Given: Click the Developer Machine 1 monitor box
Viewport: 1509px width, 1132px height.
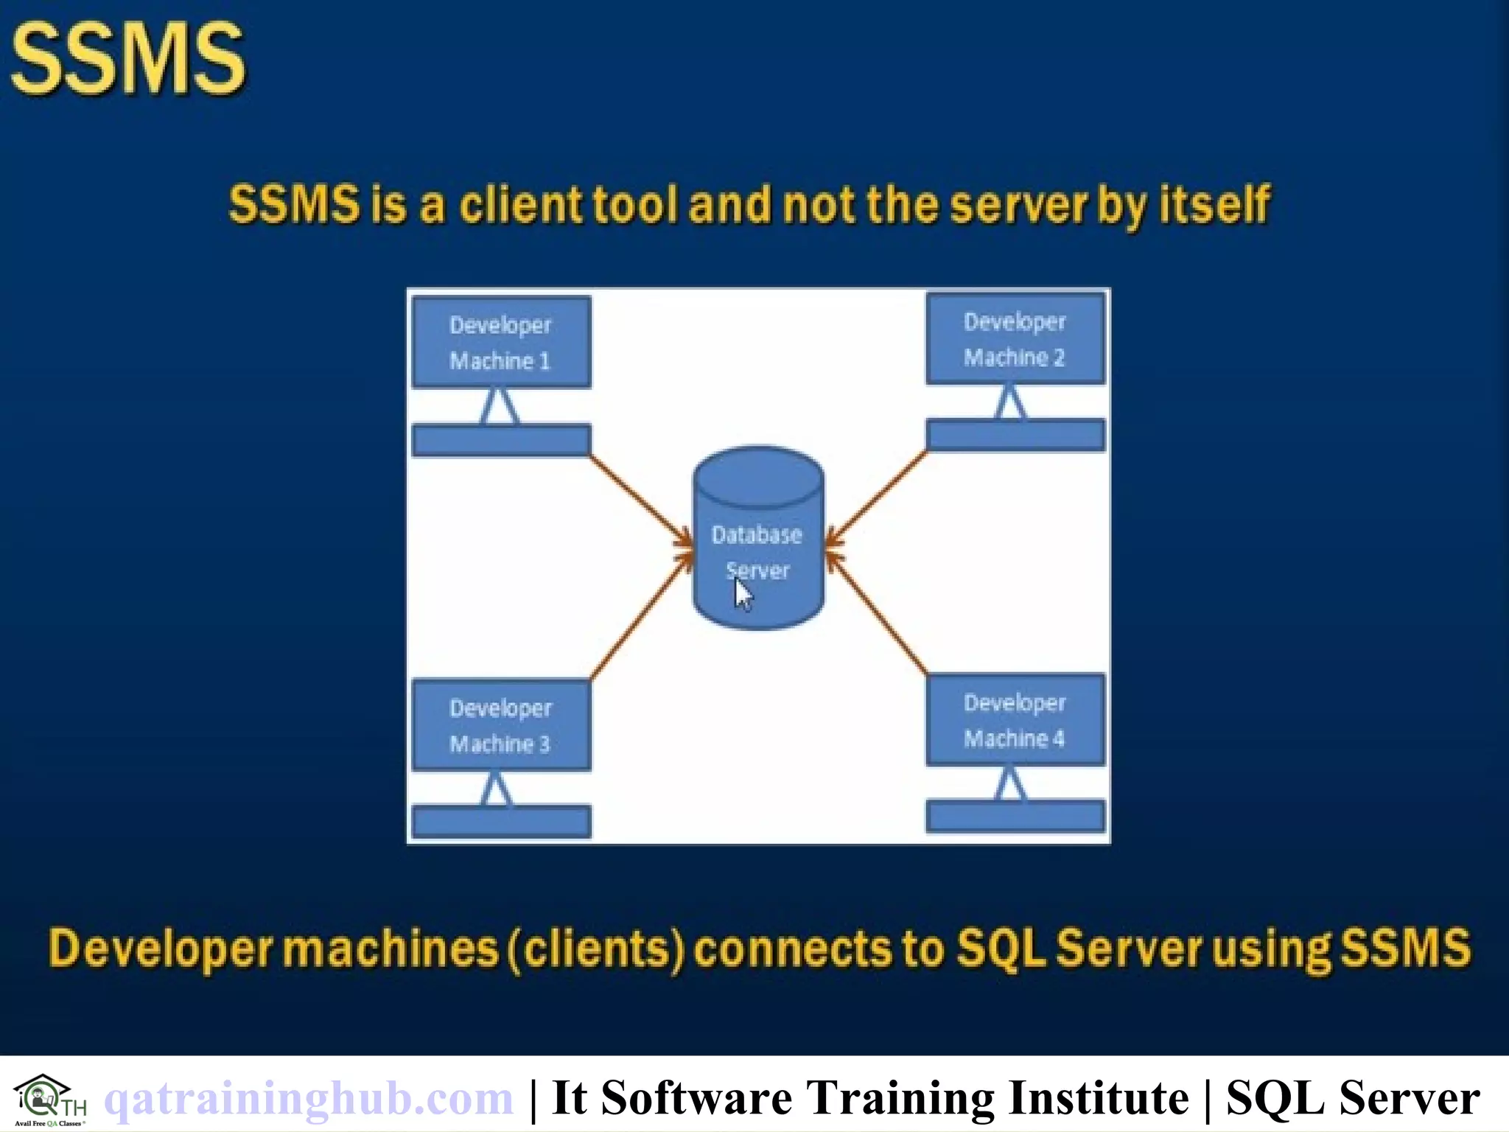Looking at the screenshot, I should point(501,342).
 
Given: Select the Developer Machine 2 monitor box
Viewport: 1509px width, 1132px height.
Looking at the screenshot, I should point(1015,339).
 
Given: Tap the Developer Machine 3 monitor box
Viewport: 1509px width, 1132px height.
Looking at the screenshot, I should point(501,725).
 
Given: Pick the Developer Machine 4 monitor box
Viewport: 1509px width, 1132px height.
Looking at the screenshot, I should point(1015,720).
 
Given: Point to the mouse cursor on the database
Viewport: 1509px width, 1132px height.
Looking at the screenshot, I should point(743,594).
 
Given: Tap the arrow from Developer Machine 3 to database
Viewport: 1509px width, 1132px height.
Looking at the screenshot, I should point(640,618).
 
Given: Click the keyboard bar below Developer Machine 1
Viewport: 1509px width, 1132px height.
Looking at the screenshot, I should point(501,440).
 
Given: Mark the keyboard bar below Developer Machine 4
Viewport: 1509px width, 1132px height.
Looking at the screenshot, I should point(1015,816).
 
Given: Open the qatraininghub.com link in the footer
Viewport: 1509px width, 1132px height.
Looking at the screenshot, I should point(309,1098).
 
